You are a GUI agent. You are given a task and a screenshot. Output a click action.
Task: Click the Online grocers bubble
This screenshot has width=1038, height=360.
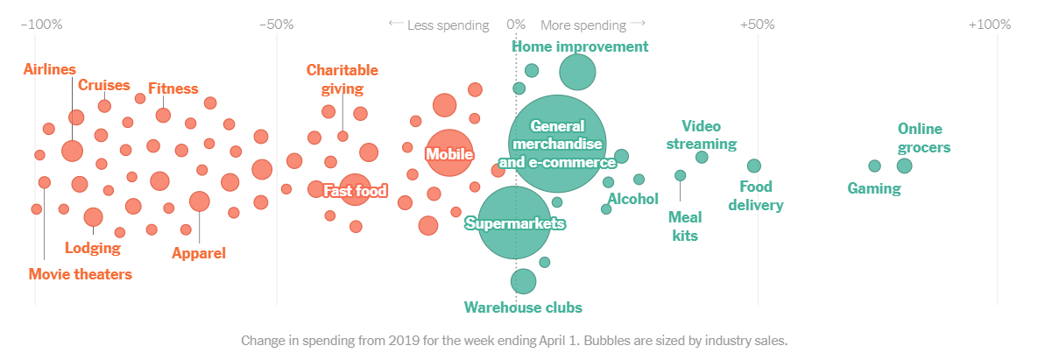pos(904,166)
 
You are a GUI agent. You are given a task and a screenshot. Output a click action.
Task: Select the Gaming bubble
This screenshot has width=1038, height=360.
pos(874,166)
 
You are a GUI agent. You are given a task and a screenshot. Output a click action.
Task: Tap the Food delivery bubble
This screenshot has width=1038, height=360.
pos(754,166)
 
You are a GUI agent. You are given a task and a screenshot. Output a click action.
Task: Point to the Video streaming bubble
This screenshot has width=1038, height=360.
pos(702,157)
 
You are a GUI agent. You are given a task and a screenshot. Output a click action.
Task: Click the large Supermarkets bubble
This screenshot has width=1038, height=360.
pos(514,223)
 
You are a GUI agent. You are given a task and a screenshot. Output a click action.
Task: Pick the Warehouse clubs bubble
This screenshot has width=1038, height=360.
pos(523,281)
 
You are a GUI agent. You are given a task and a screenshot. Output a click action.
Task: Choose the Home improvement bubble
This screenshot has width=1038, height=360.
pos(577,72)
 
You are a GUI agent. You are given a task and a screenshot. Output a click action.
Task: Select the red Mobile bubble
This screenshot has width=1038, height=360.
pos(448,154)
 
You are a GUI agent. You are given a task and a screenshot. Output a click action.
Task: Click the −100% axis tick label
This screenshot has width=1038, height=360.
pos(41,25)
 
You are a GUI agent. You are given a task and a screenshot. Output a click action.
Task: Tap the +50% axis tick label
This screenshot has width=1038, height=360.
pos(757,25)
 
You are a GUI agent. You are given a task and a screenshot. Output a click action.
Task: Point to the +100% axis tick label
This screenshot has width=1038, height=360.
pos(990,25)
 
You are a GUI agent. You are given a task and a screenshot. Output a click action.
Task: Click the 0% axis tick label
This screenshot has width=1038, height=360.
pos(517,25)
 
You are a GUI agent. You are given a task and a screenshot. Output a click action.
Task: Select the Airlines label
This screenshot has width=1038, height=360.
pos(50,69)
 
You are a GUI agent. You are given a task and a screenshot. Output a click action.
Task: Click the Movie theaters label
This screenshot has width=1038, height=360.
pos(81,274)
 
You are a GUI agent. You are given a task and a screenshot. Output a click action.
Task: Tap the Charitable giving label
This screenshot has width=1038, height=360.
pos(342,79)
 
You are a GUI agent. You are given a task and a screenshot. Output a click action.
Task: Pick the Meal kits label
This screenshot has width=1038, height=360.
pos(685,226)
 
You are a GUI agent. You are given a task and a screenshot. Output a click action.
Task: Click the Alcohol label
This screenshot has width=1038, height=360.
pos(633,199)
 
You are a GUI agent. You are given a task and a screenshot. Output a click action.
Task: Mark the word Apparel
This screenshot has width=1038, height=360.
pos(199,253)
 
